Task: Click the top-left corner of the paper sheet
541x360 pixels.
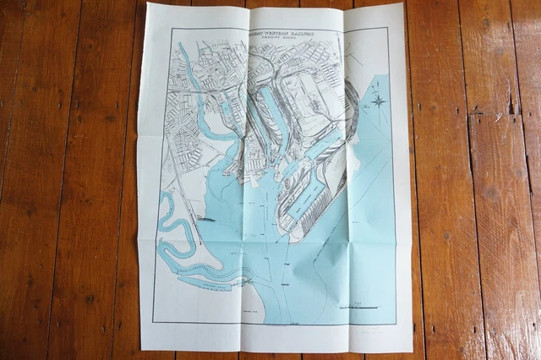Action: pyautogui.click(x=149, y=4)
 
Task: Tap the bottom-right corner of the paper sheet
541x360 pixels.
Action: pyautogui.click(x=412, y=350)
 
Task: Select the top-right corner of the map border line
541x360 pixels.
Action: pyautogui.click(x=388, y=29)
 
